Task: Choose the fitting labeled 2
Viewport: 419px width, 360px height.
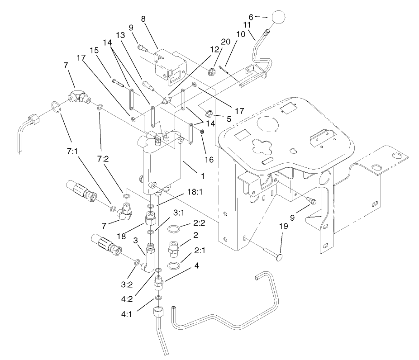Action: coord(174,248)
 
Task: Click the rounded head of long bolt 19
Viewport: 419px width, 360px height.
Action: coord(279,257)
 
